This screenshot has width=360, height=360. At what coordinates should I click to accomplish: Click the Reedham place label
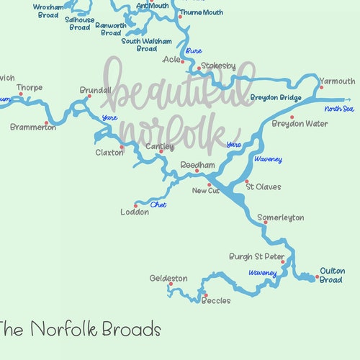197,165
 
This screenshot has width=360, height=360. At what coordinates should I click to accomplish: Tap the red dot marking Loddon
135,206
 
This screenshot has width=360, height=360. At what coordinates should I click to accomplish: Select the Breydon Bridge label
276,97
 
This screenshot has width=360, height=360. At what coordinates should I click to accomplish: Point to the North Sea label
339,109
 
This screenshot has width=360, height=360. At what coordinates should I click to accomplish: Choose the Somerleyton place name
280,217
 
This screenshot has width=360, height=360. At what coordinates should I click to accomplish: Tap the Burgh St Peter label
257,256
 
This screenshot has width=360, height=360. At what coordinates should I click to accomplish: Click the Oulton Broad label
331,276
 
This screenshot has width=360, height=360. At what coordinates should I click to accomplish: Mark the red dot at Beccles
204,294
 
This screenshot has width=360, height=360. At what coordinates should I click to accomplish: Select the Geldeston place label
168,278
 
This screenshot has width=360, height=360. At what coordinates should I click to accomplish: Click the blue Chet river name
158,205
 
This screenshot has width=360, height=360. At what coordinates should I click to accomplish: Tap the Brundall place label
96,90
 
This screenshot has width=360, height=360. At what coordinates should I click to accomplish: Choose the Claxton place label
109,153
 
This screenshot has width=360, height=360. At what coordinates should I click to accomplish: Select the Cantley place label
159,146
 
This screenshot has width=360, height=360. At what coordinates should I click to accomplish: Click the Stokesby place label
218,66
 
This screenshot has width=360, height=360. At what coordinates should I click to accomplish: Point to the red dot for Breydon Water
292,117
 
